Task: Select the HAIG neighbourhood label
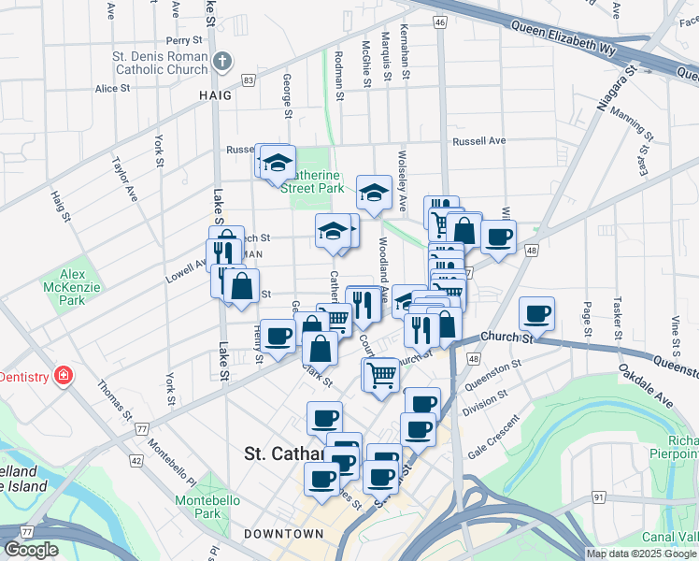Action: coord(214,95)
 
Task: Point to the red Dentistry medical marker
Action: coord(64,376)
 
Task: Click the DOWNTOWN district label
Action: coord(284,534)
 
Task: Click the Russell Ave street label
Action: coord(478,141)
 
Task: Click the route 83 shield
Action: coord(248,80)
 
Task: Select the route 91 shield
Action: coord(597,496)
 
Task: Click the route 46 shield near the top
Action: coord(440,21)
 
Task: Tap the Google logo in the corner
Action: coord(31,550)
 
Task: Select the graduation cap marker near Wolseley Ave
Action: coord(374,193)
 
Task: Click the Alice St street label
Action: coord(112,89)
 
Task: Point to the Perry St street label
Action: coord(184,41)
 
